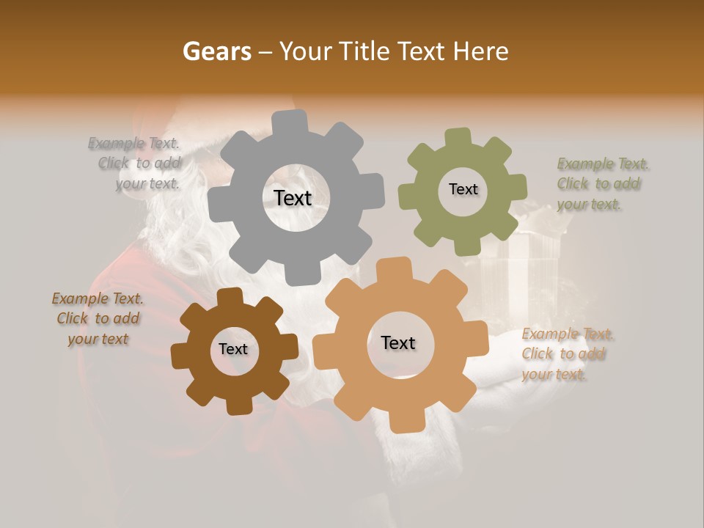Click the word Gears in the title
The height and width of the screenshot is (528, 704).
click(x=216, y=51)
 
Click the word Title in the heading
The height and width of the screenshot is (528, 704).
click(x=364, y=51)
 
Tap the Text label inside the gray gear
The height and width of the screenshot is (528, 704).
click(x=293, y=198)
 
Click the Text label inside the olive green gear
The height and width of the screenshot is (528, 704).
click(x=463, y=189)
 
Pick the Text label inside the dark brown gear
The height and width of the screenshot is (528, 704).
click(x=233, y=349)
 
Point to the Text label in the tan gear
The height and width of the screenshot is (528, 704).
click(x=398, y=342)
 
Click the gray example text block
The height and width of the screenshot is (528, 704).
click(x=136, y=164)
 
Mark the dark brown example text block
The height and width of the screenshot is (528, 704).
click(x=98, y=319)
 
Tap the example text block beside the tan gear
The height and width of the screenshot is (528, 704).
click(x=568, y=354)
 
